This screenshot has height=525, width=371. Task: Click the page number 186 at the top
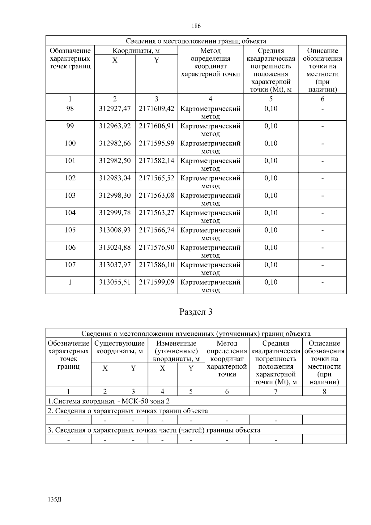tap(196, 26)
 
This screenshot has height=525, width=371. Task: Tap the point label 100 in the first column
tap(70, 144)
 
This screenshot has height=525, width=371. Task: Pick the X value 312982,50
tap(115, 161)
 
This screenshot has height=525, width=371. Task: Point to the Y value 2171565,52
tap(156, 178)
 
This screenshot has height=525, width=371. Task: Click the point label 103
tap(70, 196)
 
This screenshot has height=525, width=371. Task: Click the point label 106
tap(70, 247)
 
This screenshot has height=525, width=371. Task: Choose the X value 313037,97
tap(115, 265)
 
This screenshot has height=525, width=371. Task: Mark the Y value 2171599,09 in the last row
tap(156, 282)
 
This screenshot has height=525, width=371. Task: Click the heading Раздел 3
tap(196, 312)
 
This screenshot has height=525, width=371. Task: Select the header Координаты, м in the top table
tap(136, 51)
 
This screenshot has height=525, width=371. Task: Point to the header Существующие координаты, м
tap(119, 347)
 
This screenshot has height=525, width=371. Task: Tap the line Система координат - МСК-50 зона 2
tap(109, 401)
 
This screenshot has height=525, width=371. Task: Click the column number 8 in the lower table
tap(324, 391)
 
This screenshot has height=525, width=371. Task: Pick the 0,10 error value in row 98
tap(271, 109)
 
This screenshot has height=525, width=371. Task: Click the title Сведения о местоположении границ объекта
tap(196, 41)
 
